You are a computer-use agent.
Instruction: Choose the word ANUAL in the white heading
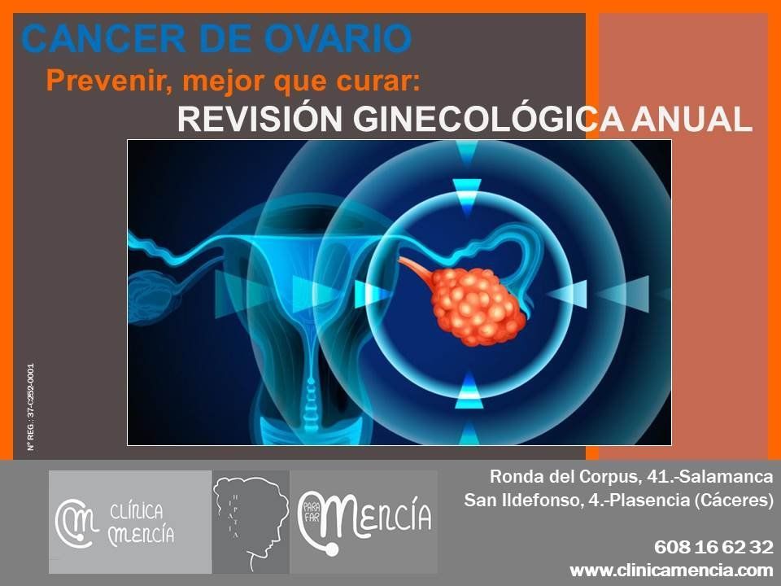[x=692, y=120]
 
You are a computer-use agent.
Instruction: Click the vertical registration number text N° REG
[x=31, y=407]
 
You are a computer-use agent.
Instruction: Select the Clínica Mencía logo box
[x=130, y=522]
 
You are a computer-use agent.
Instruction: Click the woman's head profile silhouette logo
[x=251, y=522]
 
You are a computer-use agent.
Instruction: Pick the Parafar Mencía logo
[x=364, y=522]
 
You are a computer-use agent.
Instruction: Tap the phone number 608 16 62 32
[x=713, y=547]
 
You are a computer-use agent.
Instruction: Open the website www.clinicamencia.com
[x=671, y=570]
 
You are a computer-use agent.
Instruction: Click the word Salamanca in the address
[x=726, y=476]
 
